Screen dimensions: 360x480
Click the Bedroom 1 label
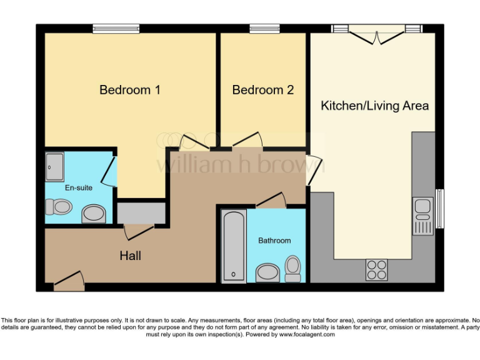tap(130, 90)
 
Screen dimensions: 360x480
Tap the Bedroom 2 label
tap(262, 90)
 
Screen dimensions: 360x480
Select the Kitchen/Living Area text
tap(374, 106)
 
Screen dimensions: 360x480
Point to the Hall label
tap(131, 256)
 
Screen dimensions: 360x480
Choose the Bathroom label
tap(274, 241)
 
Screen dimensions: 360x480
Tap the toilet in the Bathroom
tap(292, 267)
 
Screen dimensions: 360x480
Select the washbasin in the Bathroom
tap(268, 273)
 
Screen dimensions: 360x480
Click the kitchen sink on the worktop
tap(423, 212)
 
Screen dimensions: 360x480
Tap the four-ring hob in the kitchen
tap(377, 269)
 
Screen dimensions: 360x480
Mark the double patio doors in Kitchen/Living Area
tap(377, 34)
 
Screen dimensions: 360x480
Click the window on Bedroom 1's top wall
tap(116, 28)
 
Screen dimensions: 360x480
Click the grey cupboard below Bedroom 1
tap(141, 212)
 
